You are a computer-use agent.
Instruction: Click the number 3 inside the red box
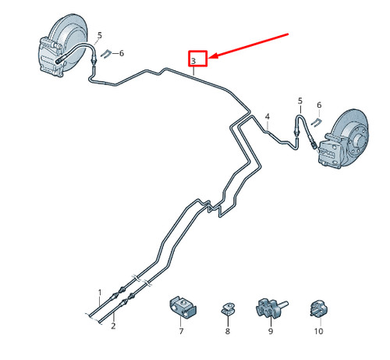(x=193, y=61)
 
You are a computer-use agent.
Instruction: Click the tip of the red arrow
(x=209, y=58)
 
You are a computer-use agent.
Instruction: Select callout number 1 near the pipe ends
(x=100, y=293)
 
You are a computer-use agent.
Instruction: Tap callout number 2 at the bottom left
(x=113, y=326)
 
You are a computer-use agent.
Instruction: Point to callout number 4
(x=268, y=116)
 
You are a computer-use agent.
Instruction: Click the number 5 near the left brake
(x=100, y=35)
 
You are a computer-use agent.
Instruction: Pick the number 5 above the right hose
(x=300, y=101)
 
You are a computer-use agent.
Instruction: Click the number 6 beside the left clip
(x=122, y=53)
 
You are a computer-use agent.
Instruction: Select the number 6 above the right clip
(x=319, y=105)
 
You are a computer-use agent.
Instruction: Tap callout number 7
(x=181, y=331)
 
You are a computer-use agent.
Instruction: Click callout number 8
(x=228, y=331)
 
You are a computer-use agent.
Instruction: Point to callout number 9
(x=271, y=331)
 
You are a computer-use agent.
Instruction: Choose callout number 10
(x=318, y=331)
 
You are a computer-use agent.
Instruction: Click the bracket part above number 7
(x=183, y=307)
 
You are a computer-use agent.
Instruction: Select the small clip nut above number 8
(x=228, y=308)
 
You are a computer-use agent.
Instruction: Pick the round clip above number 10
(x=319, y=309)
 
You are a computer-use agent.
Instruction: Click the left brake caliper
(x=51, y=57)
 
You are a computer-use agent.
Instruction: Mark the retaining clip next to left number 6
(x=106, y=54)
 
